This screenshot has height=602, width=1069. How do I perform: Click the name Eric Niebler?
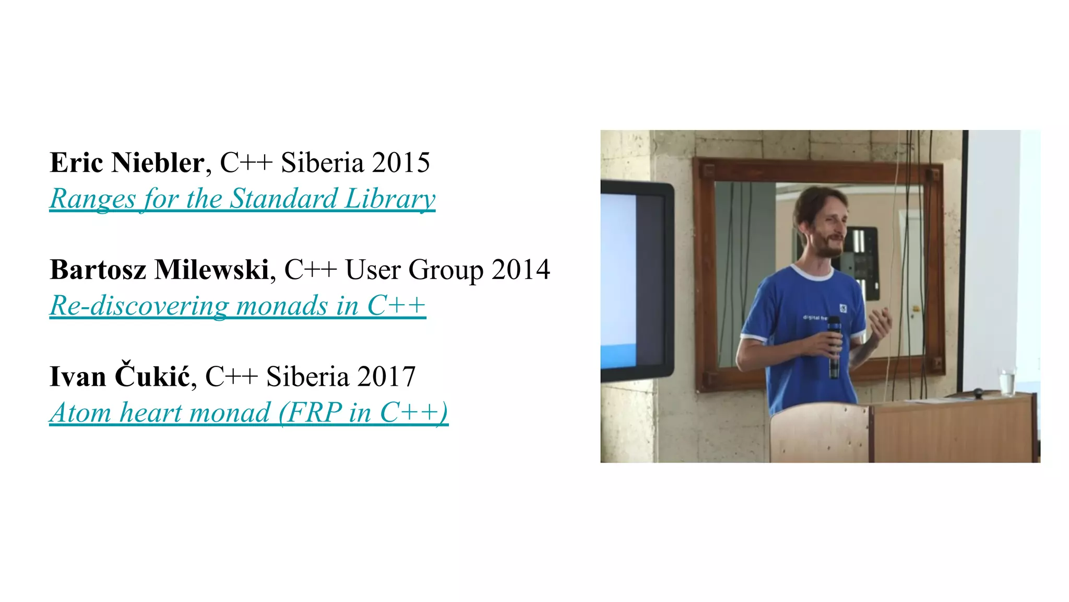pyautogui.click(x=127, y=163)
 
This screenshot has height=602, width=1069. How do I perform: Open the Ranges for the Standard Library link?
pyautogui.click(x=242, y=199)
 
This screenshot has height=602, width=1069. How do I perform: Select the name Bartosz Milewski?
pyautogui.click(x=159, y=270)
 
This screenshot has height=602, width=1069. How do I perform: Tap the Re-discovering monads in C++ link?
pyautogui.click(x=237, y=306)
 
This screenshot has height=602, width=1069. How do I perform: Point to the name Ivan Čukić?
pyautogui.click(x=120, y=376)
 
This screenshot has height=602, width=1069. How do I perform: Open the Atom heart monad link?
pyautogui.click(x=248, y=413)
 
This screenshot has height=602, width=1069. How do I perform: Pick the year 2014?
pyautogui.click(x=520, y=270)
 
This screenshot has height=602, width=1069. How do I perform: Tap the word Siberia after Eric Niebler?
pyautogui.click(x=322, y=163)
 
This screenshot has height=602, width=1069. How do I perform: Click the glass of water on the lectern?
pyautogui.click(x=1007, y=381)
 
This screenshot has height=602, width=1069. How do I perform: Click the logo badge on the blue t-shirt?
pyautogui.click(x=842, y=308)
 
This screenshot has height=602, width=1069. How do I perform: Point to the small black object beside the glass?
pyautogui.click(x=978, y=392)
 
